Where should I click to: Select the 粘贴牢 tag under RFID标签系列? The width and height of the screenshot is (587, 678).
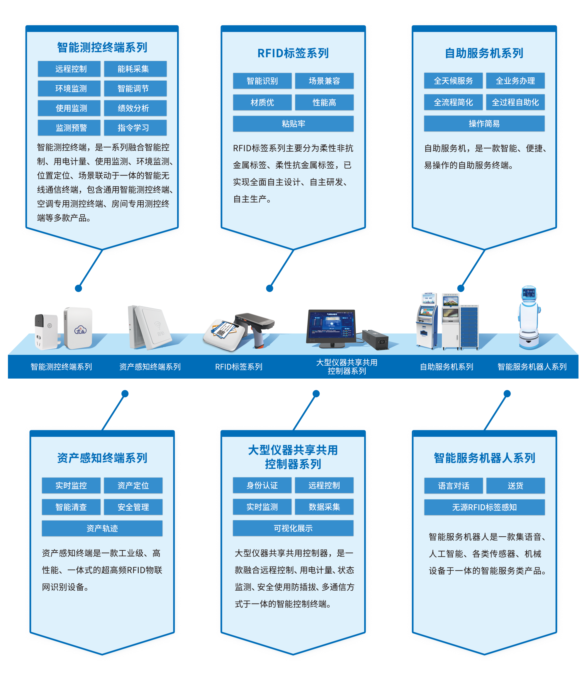point(293,124)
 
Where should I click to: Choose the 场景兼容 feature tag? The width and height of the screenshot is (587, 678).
point(324,81)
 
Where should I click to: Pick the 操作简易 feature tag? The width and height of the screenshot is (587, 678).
point(484,124)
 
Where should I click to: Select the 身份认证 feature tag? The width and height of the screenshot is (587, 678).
point(262,485)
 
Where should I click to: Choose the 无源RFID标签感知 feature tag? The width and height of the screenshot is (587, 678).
point(484,507)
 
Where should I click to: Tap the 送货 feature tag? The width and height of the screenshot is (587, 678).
point(515,486)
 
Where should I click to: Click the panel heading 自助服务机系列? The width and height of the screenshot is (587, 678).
point(484,53)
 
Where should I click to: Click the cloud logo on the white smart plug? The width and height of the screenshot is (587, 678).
point(80,330)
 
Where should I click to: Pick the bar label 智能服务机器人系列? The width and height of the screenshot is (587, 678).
point(532,367)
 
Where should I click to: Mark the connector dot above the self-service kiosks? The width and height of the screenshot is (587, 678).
point(461,288)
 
